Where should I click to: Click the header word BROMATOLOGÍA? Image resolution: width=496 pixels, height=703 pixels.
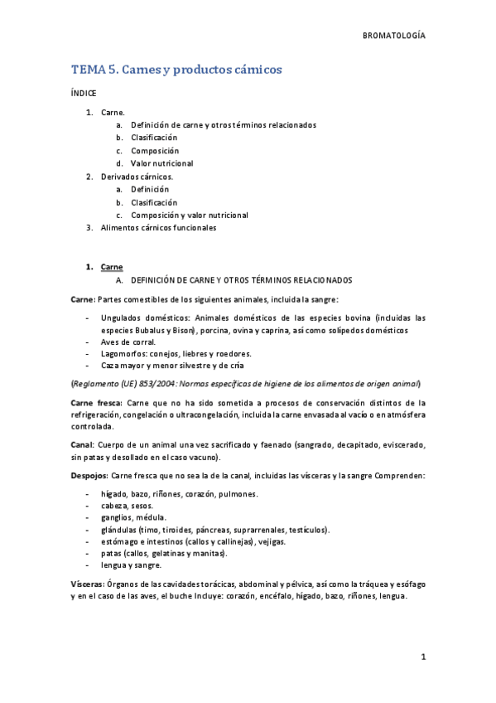click(394, 36)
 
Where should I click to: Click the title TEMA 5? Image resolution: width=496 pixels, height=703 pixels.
click(94, 70)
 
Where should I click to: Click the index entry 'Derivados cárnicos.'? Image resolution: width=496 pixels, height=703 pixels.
click(137, 177)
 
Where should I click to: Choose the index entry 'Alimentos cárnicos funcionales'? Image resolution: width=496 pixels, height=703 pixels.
click(158, 228)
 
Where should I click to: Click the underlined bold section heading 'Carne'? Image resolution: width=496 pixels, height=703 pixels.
click(112, 267)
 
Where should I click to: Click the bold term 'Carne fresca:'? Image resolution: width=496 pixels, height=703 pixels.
click(96, 402)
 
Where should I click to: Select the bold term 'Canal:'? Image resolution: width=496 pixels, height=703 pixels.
click(82, 445)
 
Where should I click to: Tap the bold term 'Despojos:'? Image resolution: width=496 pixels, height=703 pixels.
click(88, 476)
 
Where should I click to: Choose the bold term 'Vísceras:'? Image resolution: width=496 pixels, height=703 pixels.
click(87, 584)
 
